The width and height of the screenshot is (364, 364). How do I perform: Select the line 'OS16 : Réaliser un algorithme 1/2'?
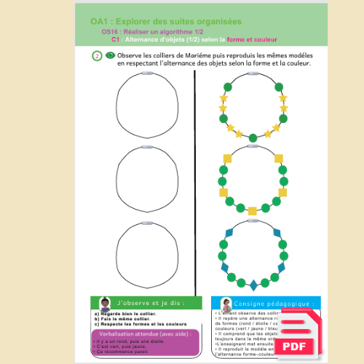pyautogui.click(x=143, y=33)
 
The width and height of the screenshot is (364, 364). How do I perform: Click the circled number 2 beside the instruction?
pyautogui.click(x=97, y=56)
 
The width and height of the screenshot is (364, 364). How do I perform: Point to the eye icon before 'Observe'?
pyautogui.click(x=110, y=55)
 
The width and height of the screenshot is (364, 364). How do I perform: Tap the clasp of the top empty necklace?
pyautogui.click(x=147, y=75)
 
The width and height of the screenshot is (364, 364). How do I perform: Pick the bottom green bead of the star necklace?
pyautogui.click(x=253, y=138)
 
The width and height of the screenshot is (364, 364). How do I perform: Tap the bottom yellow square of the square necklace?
pyautogui.click(x=253, y=211)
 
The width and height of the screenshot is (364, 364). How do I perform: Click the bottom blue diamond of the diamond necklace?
pyautogui.click(x=253, y=284)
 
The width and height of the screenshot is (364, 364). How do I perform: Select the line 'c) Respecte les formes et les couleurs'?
pyautogui.click(x=140, y=324)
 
